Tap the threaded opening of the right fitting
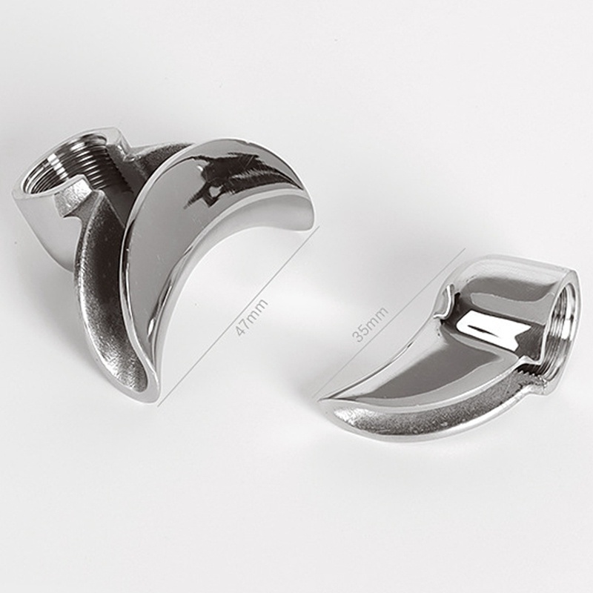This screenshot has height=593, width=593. tap(566, 325)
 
